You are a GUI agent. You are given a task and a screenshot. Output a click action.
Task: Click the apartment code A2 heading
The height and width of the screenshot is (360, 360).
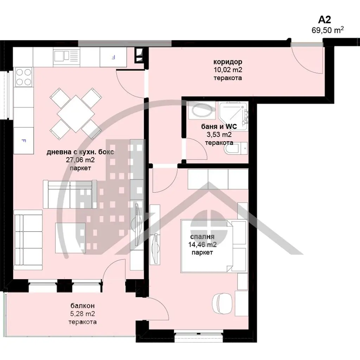pyautogui.click(x=324, y=20)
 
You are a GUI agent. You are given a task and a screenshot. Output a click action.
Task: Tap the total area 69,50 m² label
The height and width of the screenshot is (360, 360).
pyautogui.click(x=328, y=30)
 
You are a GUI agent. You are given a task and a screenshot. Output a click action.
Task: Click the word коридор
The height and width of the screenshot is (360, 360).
pyautogui.click(x=228, y=62)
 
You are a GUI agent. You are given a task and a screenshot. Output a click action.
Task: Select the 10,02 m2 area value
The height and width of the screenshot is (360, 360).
pyautogui.click(x=228, y=70)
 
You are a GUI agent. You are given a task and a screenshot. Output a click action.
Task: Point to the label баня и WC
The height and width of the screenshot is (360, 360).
pyautogui.click(x=219, y=127)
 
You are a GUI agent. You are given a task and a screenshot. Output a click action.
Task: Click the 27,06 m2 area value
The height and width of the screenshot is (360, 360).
pyautogui.click(x=80, y=160)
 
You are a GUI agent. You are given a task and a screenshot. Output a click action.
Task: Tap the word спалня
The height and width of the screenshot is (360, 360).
pyautogui.click(x=202, y=237)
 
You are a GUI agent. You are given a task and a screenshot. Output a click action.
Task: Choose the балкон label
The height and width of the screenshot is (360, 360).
pyautogui.click(x=82, y=306)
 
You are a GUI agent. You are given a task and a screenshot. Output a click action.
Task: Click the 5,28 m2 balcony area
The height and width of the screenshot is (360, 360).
pyautogui.click(x=82, y=314)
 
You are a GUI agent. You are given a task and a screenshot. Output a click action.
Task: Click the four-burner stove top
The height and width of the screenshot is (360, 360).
pyautogui.click(x=24, y=77)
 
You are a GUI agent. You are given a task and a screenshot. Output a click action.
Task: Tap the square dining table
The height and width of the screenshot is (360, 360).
pyautogui.click(x=76, y=114)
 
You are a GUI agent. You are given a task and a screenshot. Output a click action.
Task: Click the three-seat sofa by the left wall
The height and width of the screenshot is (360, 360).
pyautogui.click(x=28, y=240)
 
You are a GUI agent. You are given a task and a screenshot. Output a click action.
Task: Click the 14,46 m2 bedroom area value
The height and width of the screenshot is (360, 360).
pyautogui.click(x=202, y=245)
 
